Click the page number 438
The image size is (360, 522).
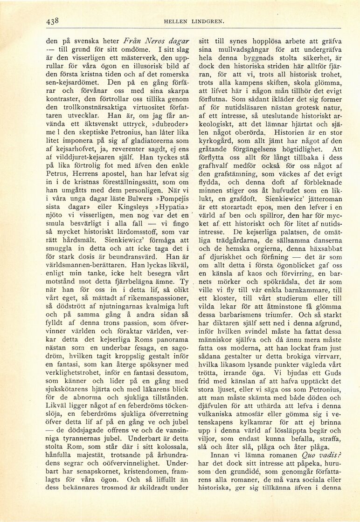click(x=52, y=21)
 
